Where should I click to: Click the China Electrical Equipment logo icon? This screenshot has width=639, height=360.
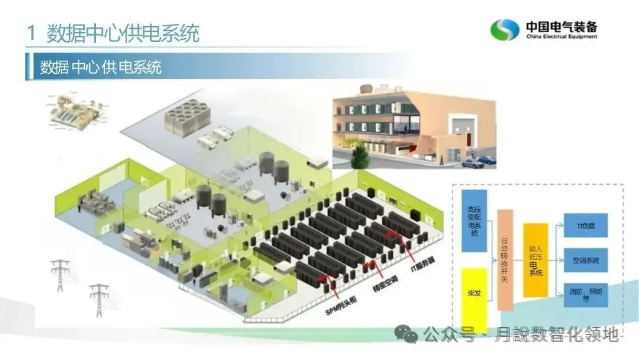click(x=505, y=30)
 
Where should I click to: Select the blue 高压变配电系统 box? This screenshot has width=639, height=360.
click(x=473, y=221)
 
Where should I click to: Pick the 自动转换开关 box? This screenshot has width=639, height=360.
click(x=505, y=259)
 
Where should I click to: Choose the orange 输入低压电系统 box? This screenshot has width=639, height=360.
click(x=535, y=260)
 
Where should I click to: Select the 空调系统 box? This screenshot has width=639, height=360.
click(x=585, y=260)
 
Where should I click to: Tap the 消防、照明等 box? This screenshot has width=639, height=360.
click(x=585, y=294)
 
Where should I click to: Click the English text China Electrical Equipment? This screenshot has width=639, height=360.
click(x=561, y=37)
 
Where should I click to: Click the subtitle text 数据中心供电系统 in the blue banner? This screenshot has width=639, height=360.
click(x=101, y=66)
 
